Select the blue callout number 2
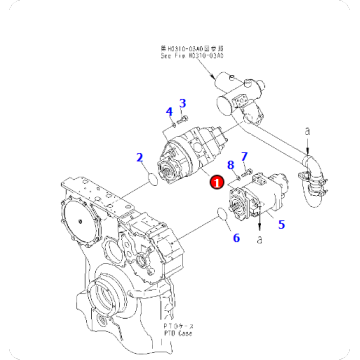[142, 156]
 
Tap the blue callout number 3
[183, 102]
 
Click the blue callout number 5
[281, 226]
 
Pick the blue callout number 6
[236, 238]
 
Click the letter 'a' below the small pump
[259, 240]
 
